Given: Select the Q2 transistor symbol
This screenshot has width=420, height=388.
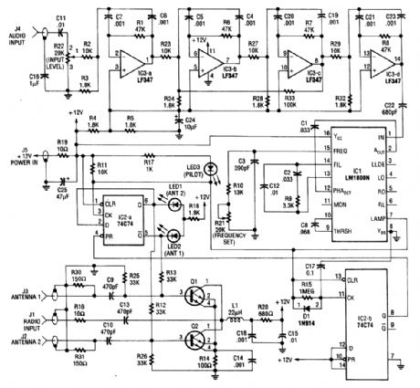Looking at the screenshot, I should [193, 338].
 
